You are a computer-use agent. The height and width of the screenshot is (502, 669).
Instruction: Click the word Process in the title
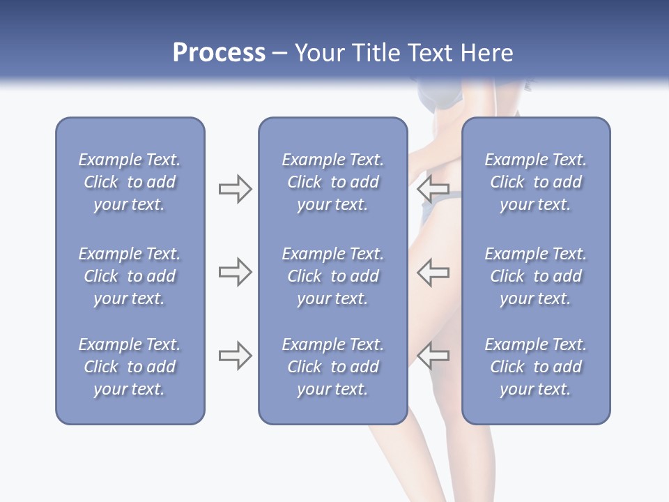[x=219, y=54]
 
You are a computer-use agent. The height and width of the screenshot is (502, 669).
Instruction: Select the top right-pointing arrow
[x=235, y=188]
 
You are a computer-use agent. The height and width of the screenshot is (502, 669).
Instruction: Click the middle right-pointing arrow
[x=235, y=272]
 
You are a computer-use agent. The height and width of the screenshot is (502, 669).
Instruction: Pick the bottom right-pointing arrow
[x=235, y=356]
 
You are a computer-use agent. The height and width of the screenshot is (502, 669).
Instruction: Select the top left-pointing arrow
[x=433, y=188]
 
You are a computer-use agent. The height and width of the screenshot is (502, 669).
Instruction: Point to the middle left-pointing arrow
[x=433, y=272]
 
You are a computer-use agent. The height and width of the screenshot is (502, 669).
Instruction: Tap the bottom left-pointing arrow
[x=433, y=356]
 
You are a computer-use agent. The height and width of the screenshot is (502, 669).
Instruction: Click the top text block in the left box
[x=130, y=182]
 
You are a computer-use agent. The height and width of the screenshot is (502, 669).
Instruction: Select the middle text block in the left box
[x=130, y=276]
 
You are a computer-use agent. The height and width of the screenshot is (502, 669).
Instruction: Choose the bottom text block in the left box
[x=130, y=367]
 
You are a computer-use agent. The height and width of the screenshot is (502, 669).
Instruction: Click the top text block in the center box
[x=332, y=182]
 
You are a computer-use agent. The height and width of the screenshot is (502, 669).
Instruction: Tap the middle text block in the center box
[x=332, y=276]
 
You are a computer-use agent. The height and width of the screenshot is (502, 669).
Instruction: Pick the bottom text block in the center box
[x=332, y=367]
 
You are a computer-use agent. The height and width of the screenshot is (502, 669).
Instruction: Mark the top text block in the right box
[x=535, y=182]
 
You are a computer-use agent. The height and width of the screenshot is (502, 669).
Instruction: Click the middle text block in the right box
[x=535, y=276]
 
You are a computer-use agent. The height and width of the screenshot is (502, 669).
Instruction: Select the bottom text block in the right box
[x=535, y=367]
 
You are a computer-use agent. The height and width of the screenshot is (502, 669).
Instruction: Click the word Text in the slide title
[x=430, y=54]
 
